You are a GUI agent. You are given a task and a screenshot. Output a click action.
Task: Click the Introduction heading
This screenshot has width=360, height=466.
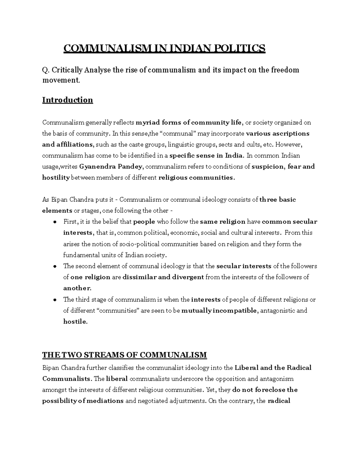click(x=67, y=100)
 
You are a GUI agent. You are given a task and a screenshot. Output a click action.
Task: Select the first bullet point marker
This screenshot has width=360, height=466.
click(x=55, y=222)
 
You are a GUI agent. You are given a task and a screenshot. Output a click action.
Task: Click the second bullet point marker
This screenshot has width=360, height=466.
click(x=55, y=266)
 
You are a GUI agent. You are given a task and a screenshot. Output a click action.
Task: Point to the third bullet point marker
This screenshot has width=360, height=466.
click(x=55, y=300)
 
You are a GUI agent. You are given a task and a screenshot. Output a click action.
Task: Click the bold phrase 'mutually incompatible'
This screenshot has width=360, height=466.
click(x=219, y=311)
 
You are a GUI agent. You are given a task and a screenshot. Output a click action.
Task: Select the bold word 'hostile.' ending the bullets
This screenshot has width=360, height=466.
click(x=75, y=322)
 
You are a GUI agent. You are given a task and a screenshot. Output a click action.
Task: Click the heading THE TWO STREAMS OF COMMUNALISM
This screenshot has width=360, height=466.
click(x=124, y=355)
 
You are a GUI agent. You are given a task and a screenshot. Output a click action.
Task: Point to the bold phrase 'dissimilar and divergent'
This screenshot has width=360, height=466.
click(x=163, y=277)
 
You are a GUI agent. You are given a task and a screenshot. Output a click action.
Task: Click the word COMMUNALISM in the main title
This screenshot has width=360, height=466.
click(x=105, y=48)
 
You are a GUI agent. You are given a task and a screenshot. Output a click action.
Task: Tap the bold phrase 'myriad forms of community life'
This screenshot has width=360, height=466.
click(x=188, y=122)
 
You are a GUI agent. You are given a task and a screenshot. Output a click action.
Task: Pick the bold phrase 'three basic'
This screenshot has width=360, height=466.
click(x=277, y=200)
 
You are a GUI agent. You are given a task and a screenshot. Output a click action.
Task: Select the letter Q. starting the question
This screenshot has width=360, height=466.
click(x=45, y=70)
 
